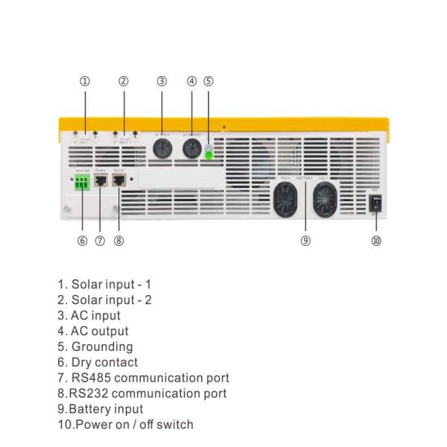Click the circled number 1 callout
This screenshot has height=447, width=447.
85,81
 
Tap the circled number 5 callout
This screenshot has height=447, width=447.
209,81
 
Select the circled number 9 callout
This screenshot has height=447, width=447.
305,241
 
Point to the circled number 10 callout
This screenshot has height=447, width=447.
376,241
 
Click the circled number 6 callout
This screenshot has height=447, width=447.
82,241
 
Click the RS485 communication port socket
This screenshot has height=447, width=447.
101,181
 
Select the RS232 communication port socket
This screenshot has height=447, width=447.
118,181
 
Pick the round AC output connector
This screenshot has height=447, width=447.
192,149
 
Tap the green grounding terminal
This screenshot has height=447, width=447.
209,155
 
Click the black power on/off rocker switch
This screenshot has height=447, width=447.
376,203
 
